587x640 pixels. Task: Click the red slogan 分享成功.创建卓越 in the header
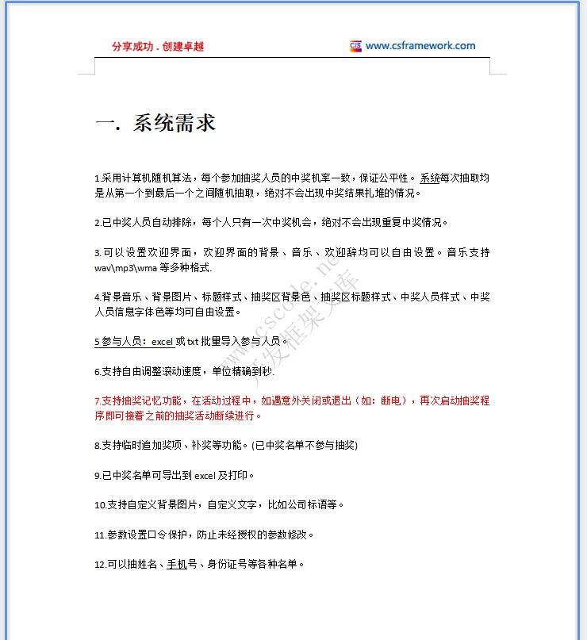coord(158,46)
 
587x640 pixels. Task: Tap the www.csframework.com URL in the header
coord(420,46)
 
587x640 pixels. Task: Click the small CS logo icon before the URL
coord(355,46)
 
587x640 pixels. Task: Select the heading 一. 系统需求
coord(155,123)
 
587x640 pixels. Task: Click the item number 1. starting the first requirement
coord(97,178)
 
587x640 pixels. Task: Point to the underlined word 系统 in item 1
coord(430,178)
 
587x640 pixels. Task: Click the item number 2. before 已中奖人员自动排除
coord(97,223)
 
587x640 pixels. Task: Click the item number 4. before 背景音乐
coord(97,297)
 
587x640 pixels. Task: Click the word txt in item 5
coord(193,342)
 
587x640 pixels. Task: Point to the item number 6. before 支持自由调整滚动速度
coord(97,371)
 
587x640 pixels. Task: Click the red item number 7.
coord(97,401)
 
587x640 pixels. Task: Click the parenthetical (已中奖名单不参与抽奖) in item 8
coord(304,446)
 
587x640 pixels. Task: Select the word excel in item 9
coord(205,476)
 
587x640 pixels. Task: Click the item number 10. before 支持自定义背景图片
coord(99,504)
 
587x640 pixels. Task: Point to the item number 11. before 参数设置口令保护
coord(99,535)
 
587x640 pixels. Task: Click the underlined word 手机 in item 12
coord(176,565)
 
